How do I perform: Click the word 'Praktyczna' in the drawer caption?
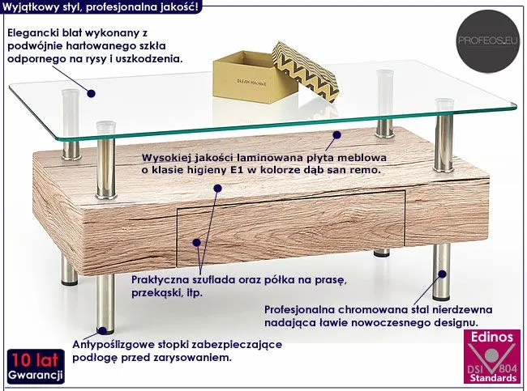point(161,280)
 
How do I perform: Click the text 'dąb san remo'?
point(346,172)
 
